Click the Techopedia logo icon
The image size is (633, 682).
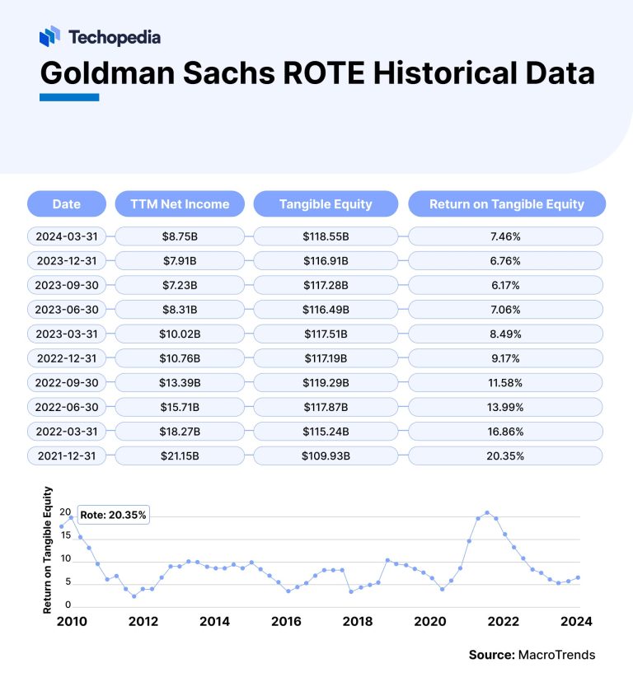pos(49,35)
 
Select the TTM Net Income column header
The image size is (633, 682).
pos(180,204)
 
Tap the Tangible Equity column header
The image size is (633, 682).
pos(326,204)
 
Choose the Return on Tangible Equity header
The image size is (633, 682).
pos(507,204)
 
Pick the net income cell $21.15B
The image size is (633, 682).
pos(180,455)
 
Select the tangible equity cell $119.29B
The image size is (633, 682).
pos(326,383)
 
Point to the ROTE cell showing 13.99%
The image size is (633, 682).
pos(507,407)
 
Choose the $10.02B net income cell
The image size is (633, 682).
pos(180,334)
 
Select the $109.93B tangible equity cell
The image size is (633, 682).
pos(326,455)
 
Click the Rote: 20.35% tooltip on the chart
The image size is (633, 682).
pos(113,515)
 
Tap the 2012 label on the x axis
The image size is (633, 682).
pos(143,621)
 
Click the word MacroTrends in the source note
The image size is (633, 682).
pos(556,655)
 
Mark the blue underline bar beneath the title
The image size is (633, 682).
pos(69,97)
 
